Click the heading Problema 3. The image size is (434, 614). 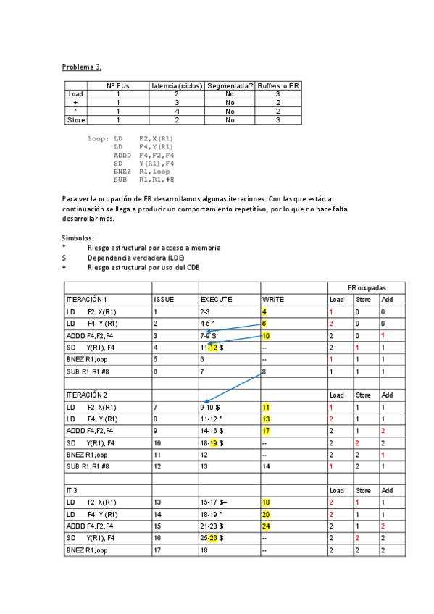[x=81, y=67]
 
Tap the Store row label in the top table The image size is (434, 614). [x=75, y=120]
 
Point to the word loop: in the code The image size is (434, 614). [x=98, y=138]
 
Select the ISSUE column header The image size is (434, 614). [x=164, y=298]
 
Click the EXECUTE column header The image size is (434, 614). [x=217, y=298]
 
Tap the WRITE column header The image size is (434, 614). [x=273, y=298]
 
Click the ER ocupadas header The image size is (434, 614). [x=366, y=287]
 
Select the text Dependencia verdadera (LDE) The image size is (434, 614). [x=136, y=257]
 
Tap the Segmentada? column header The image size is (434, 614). [x=230, y=86]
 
